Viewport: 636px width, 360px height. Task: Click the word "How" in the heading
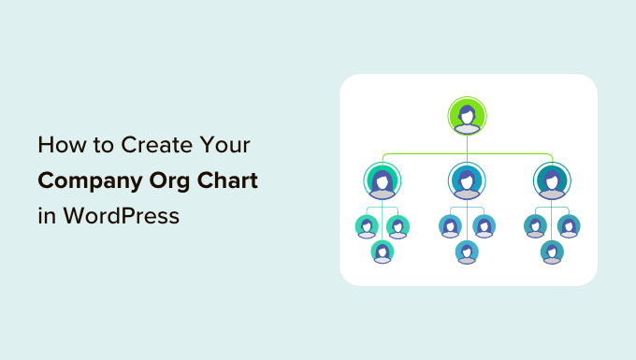[x=56, y=147]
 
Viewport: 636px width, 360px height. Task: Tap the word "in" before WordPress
[x=46, y=214]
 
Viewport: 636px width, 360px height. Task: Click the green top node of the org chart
[x=467, y=116]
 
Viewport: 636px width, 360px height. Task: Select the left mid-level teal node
[x=382, y=180]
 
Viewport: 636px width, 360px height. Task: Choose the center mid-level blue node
[x=467, y=180]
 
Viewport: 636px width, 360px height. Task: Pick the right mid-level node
[x=552, y=180]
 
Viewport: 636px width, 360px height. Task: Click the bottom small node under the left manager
[x=382, y=251]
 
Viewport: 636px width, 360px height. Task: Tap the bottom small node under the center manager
[x=467, y=251]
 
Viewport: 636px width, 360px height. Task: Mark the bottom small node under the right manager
[x=552, y=251]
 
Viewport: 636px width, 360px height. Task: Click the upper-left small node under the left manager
[x=366, y=225]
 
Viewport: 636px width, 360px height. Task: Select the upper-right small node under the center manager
[x=484, y=225]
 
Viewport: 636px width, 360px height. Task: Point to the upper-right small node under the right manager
[x=569, y=225]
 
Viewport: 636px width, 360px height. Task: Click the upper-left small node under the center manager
[x=450, y=225]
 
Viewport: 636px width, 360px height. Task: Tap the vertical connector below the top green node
[x=467, y=143]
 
